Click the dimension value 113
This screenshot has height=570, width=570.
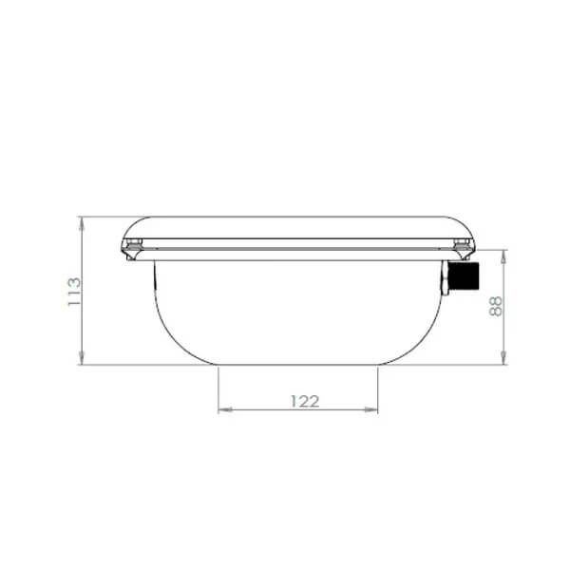click(74, 292)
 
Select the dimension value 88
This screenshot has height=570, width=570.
click(496, 307)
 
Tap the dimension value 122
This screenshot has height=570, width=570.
click(305, 401)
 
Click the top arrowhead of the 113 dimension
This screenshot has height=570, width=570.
click(82, 223)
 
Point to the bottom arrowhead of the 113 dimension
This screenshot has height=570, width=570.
click(82, 358)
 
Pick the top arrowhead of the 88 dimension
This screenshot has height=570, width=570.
click(503, 256)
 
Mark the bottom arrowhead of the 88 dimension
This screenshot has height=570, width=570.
click(503, 358)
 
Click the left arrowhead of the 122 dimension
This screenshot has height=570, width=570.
click(224, 409)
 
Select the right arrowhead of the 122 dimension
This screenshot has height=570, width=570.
click(371, 409)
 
